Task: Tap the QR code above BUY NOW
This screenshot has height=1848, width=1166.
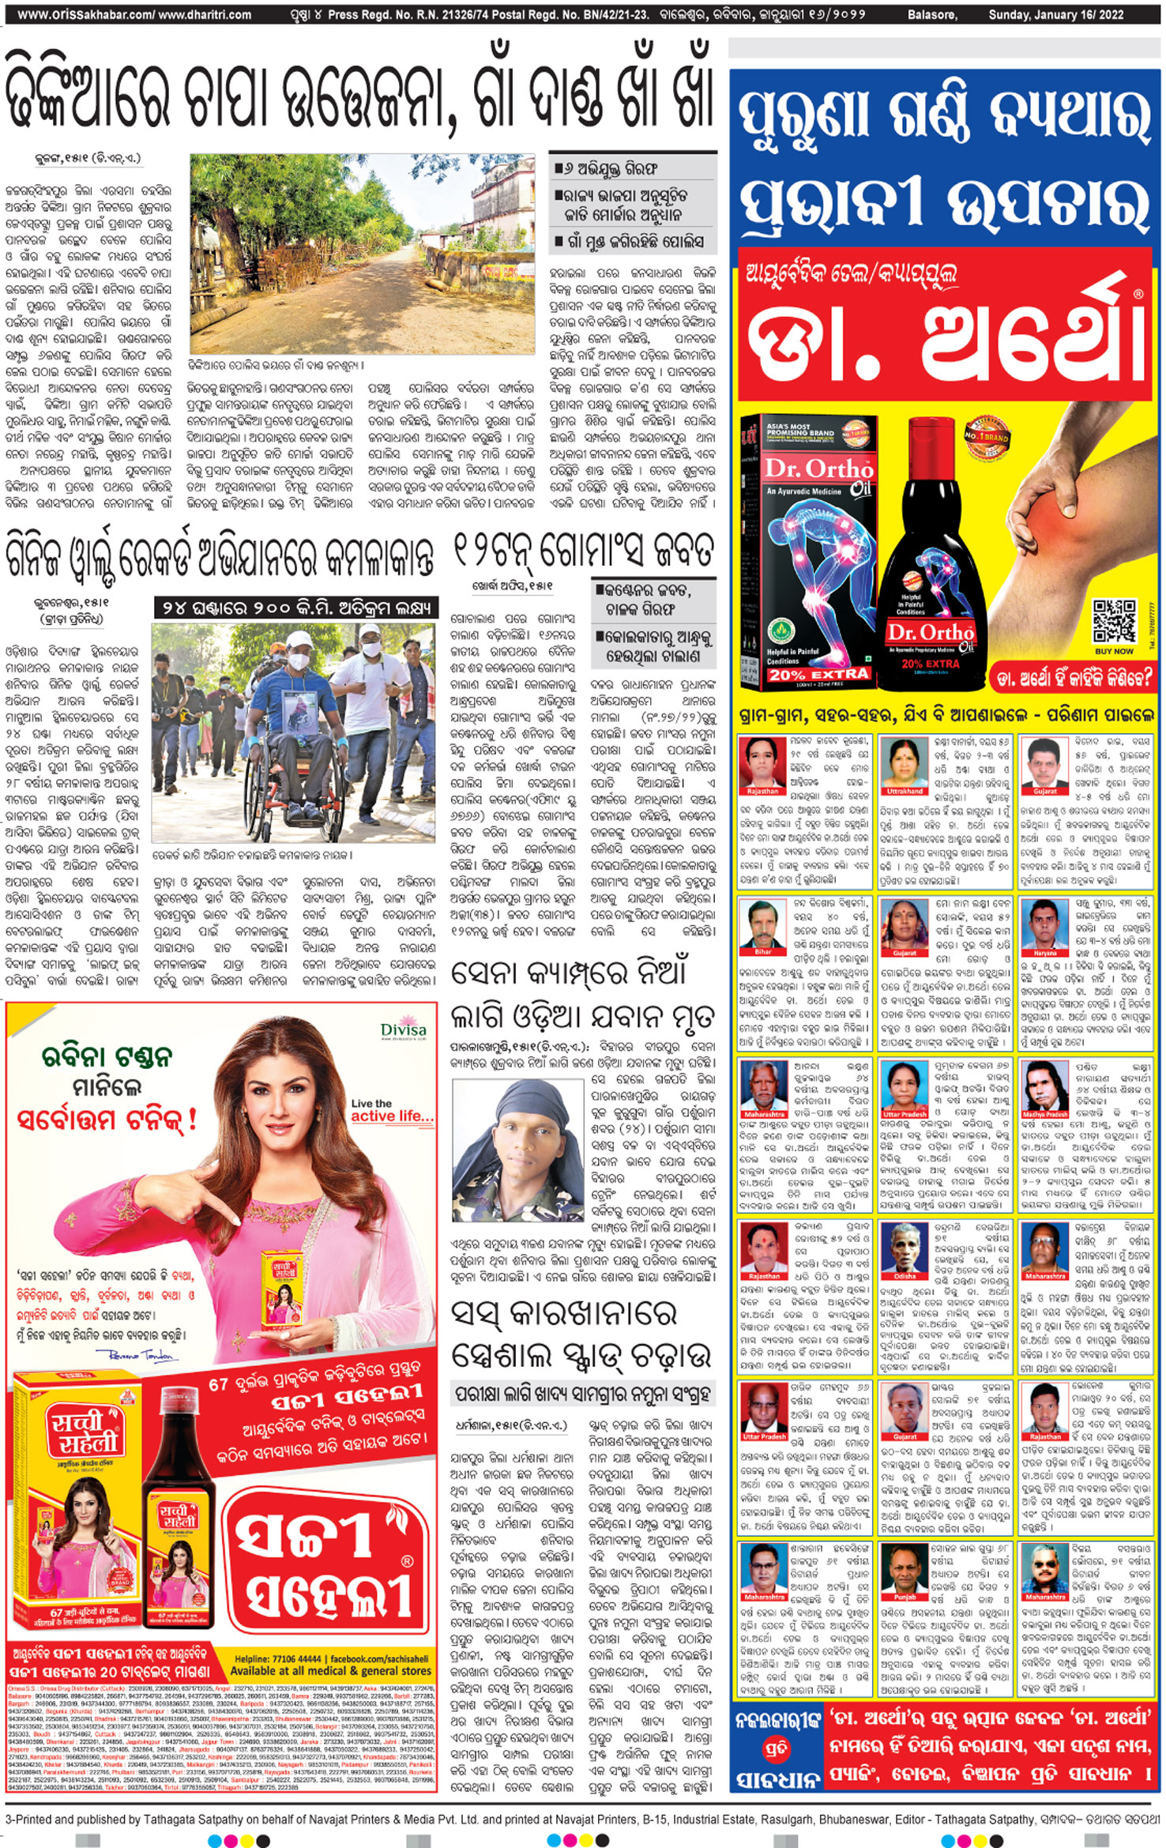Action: click(x=1114, y=622)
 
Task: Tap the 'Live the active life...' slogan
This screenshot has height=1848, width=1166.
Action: click(x=392, y=1110)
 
